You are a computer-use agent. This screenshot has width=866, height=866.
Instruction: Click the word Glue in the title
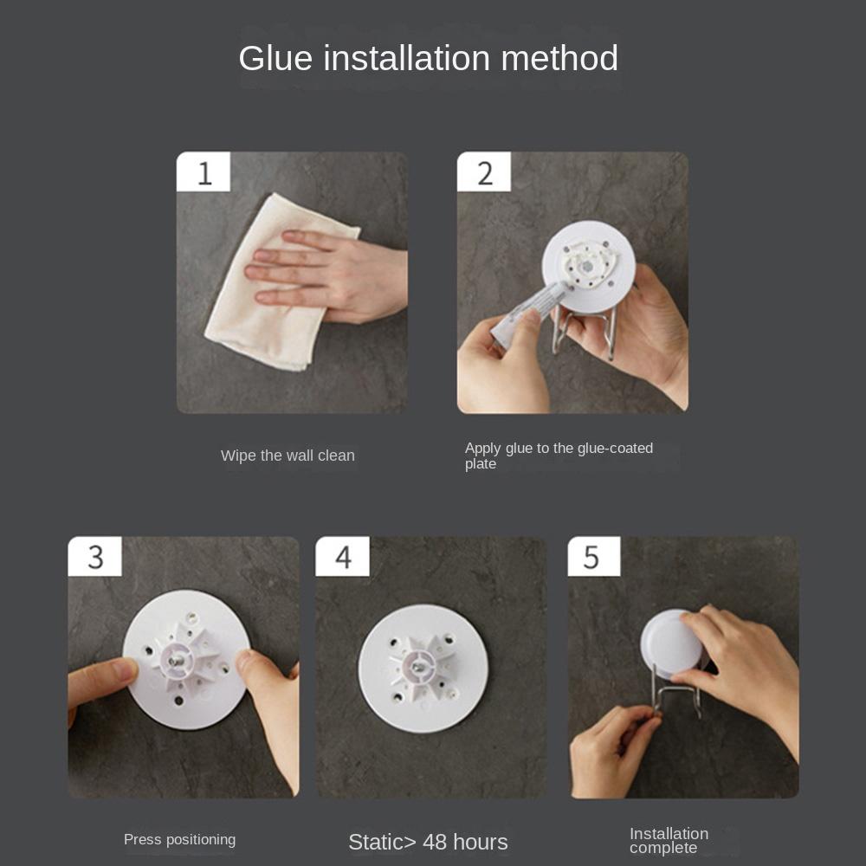coord(275,59)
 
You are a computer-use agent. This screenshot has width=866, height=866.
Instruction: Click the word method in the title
coord(559,58)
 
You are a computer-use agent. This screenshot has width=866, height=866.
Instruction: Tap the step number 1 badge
coord(204,171)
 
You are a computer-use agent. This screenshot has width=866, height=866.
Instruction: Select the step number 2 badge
coord(484,171)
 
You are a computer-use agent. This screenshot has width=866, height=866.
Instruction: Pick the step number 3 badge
coord(94,556)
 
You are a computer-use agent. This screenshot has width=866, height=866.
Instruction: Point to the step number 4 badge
coord(342,556)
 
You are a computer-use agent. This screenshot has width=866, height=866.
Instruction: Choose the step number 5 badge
coord(594,556)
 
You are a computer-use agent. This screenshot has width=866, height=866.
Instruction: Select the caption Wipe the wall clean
coord(288,456)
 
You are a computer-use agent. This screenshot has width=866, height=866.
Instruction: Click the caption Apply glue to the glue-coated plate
coord(559,456)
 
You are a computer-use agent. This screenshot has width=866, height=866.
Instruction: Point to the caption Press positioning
coord(179,839)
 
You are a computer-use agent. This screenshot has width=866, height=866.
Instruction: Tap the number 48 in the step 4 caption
coord(435,843)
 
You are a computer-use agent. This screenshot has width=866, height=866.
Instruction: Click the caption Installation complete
coord(669,841)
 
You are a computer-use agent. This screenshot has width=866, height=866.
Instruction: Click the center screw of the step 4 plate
coord(420,667)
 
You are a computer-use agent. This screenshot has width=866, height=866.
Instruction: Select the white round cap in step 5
coord(671,643)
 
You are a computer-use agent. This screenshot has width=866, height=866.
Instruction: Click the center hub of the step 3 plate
coord(177,659)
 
